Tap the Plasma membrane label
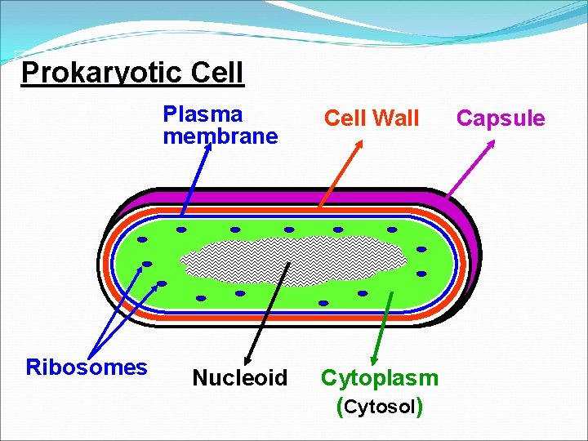pyautogui.click(x=220, y=125)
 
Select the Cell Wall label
pyautogui.click(x=372, y=119)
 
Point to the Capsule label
pyautogui.click(x=501, y=118)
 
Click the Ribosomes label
pyautogui.click(x=87, y=367)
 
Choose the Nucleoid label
pyautogui.click(x=239, y=378)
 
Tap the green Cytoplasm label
pyautogui.click(x=380, y=377)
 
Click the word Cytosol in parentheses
pyautogui.click(x=380, y=407)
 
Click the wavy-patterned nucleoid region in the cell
pyautogui.click(x=294, y=261)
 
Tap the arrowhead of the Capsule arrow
pyautogui.click(x=492, y=143)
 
